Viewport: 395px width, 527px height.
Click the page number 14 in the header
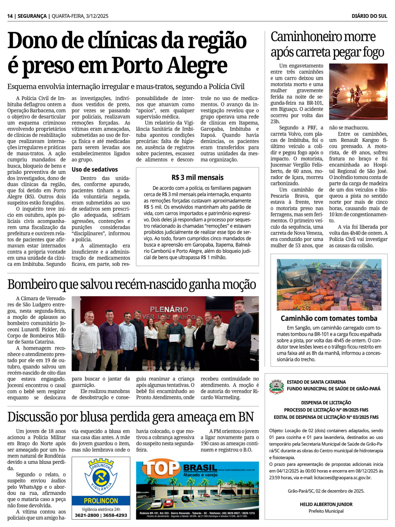pyautogui.click(x=10, y=16)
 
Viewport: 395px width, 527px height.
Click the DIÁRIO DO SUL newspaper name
pyautogui.click(x=369, y=16)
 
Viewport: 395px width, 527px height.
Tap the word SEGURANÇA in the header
pyautogui.click(x=32, y=16)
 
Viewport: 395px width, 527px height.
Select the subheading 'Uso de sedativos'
pyautogui.click(x=95, y=169)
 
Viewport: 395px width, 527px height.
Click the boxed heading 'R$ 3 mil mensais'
pyautogui.click(x=197, y=177)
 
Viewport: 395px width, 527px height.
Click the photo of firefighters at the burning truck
pyautogui.click(x=358, y=92)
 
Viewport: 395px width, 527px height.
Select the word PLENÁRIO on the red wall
pyautogui.click(x=169, y=309)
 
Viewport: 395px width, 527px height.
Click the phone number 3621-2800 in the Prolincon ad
pyautogui.click(x=87, y=515)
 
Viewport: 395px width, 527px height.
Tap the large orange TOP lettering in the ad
pyautogui.click(x=161, y=469)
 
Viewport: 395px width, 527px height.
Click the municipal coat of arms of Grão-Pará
pyautogui.click(x=276, y=386)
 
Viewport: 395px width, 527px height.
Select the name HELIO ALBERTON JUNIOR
pyautogui.click(x=326, y=504)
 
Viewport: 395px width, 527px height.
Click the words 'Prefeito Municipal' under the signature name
pyautogui.click(x=326, y=511)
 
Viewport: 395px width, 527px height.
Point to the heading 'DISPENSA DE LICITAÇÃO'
pyautogui.click(x=326, y=403)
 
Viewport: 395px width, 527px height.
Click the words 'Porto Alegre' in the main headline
pyautogui.click(x=170, y=66)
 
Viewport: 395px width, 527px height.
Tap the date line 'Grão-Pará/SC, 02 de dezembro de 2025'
pyautogui.click(x=326, y=491)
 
